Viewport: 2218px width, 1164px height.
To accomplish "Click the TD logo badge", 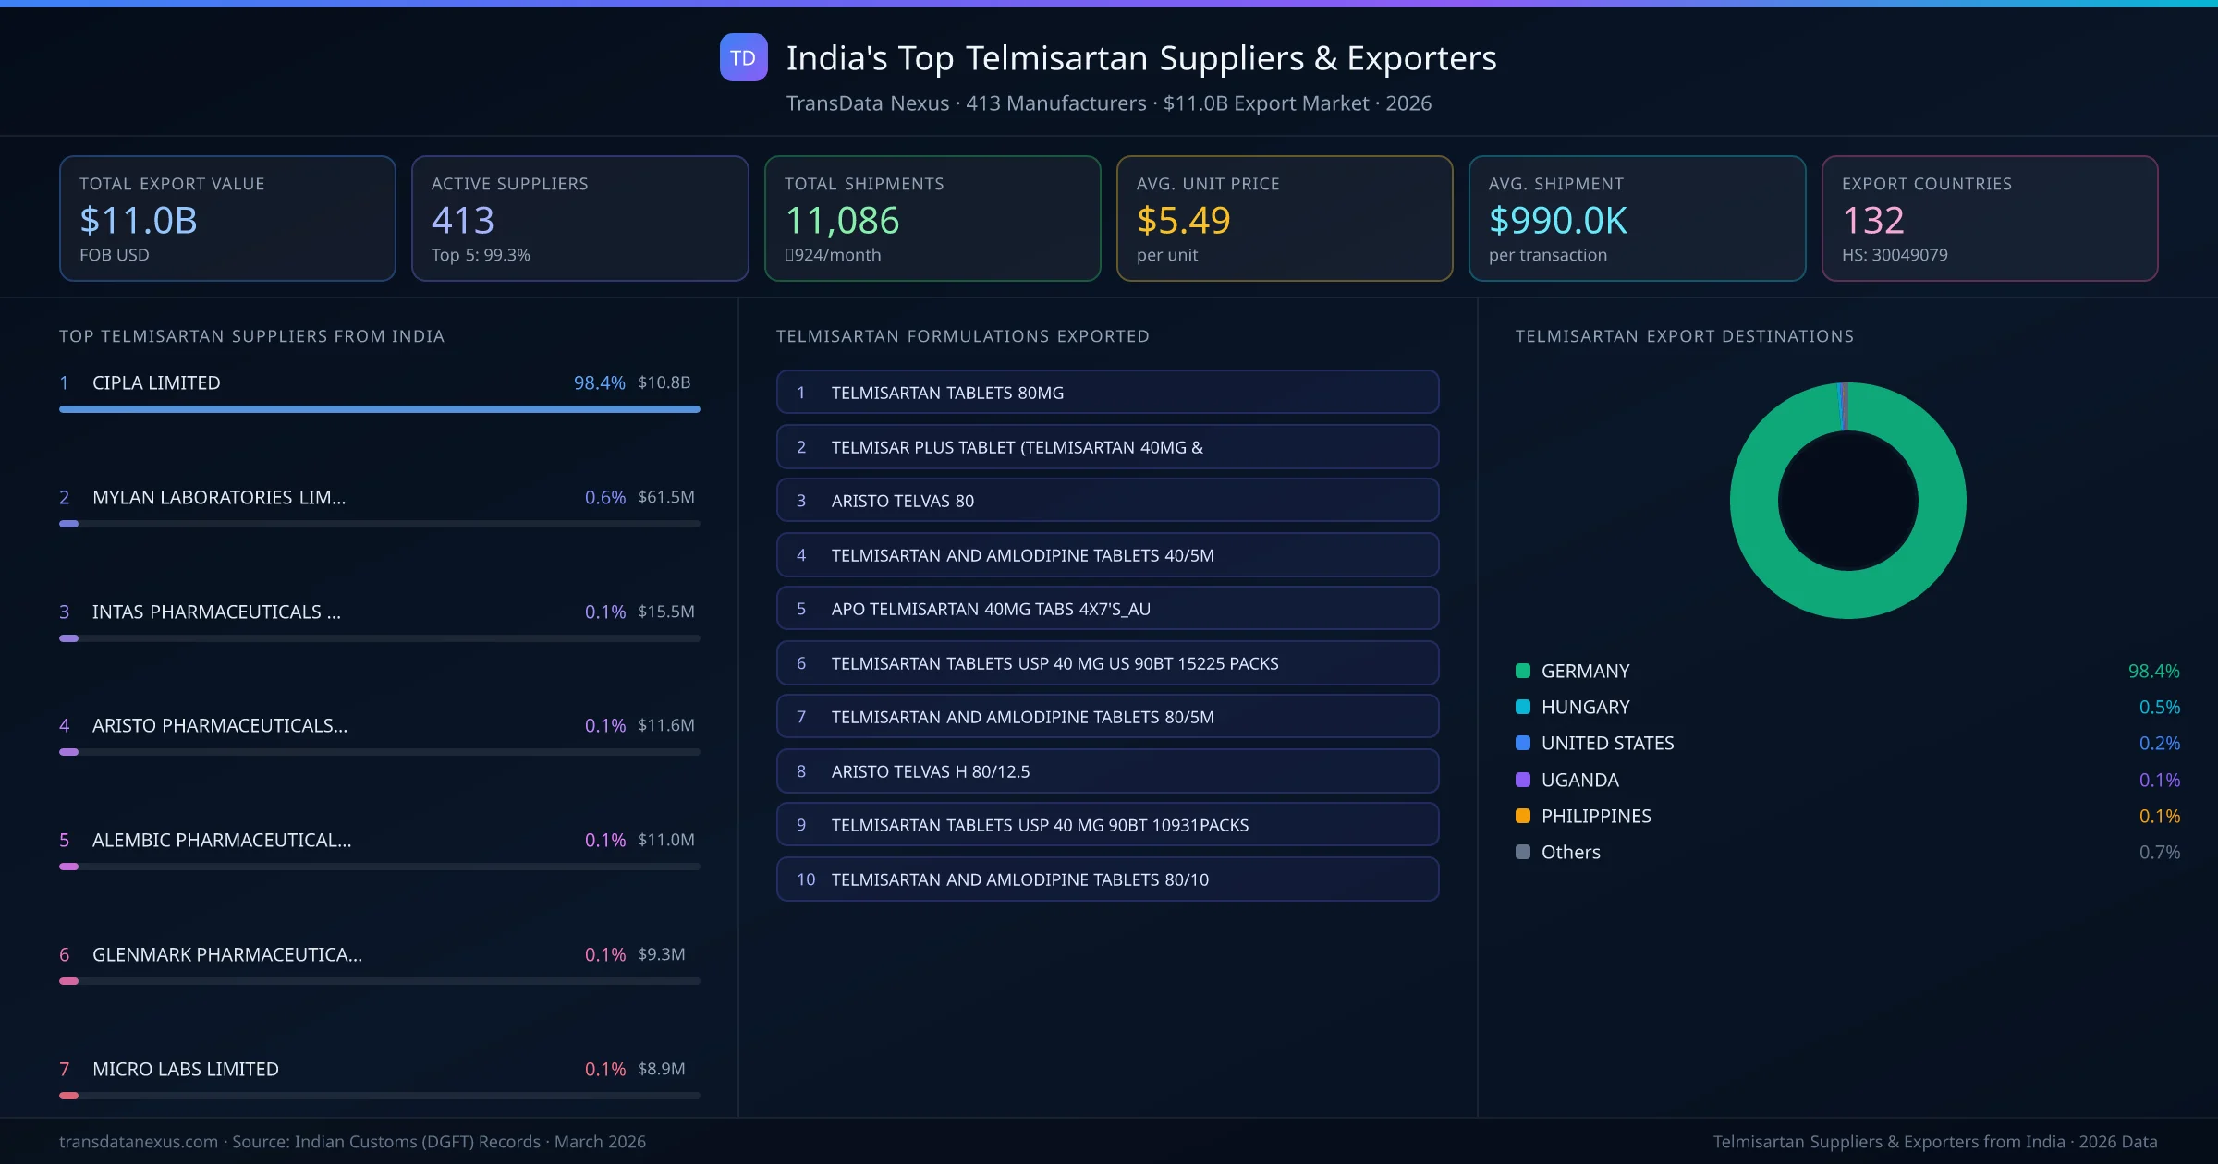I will point(743,57).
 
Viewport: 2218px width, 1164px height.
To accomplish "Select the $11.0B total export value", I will point(139,221).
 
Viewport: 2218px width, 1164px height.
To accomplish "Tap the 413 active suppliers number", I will point(463,221).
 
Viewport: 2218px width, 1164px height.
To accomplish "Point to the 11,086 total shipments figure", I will point(842,221).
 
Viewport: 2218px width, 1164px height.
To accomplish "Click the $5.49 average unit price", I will point(1183,221).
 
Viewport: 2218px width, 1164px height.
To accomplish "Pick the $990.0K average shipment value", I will point(1558,221).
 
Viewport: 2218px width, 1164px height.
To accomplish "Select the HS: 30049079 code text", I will point(1895,255).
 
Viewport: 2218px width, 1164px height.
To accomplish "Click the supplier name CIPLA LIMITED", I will point(156,382).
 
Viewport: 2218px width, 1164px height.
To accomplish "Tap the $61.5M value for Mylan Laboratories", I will point(665,497).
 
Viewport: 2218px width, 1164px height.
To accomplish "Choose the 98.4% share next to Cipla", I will point(599,382).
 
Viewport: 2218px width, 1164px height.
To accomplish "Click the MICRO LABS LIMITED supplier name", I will point(185,1069).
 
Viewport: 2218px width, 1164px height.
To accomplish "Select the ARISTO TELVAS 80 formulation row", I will point(1107,501).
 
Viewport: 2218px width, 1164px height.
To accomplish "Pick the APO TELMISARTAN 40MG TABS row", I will point(1107,609).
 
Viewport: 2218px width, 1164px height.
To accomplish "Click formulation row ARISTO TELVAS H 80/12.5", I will point(1107,771).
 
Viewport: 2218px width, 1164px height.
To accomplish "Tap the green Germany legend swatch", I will point(1523,671).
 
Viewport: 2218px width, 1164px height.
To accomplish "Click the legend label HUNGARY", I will point(1585,707).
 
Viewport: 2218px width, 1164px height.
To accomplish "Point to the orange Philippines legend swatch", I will point(1523,816).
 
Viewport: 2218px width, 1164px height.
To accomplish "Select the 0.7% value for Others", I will point(2159,852).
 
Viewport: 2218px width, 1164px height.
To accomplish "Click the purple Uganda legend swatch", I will point(1523,780).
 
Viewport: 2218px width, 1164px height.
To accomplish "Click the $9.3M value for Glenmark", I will point(661,954).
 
